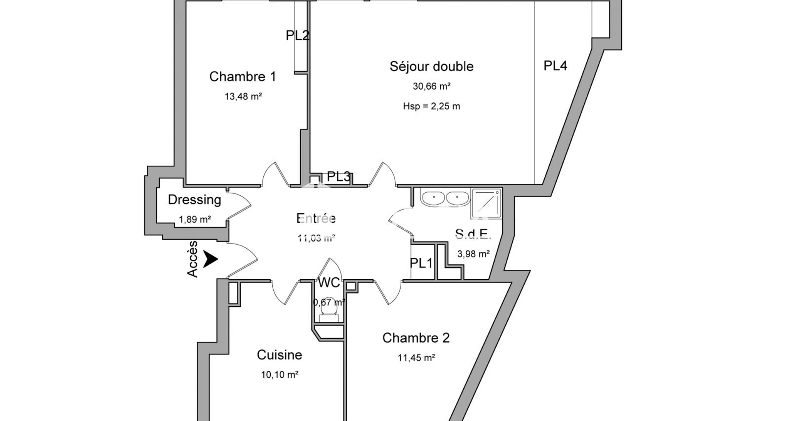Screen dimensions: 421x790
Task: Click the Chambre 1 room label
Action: pos(242,77)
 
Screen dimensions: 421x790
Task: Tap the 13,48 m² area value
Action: pos(243,97)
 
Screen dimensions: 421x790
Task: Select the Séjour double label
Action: pos(431,67)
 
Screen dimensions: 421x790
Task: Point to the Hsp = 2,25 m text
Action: pos(431,106)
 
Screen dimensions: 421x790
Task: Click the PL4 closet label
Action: pos(555,66)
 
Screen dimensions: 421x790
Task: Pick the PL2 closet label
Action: pos(297,36)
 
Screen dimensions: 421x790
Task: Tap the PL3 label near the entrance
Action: pos(338,177)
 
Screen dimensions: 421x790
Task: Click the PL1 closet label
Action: pos(421,263)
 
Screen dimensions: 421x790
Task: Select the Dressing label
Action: pos(194,200)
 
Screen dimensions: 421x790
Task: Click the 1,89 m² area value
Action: pos(195,220)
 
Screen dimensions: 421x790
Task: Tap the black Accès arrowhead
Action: pos(211,259)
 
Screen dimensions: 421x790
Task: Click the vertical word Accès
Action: pos(193,259)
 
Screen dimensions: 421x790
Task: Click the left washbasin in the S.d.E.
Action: pos(433,198)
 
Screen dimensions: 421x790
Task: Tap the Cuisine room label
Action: pos(279,355)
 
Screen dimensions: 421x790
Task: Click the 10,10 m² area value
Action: pos(279,375)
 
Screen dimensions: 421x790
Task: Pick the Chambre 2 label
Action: pos(416,338)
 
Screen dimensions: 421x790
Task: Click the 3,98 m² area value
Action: pos(473,254)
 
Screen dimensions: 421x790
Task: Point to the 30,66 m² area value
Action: pos(431,87)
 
